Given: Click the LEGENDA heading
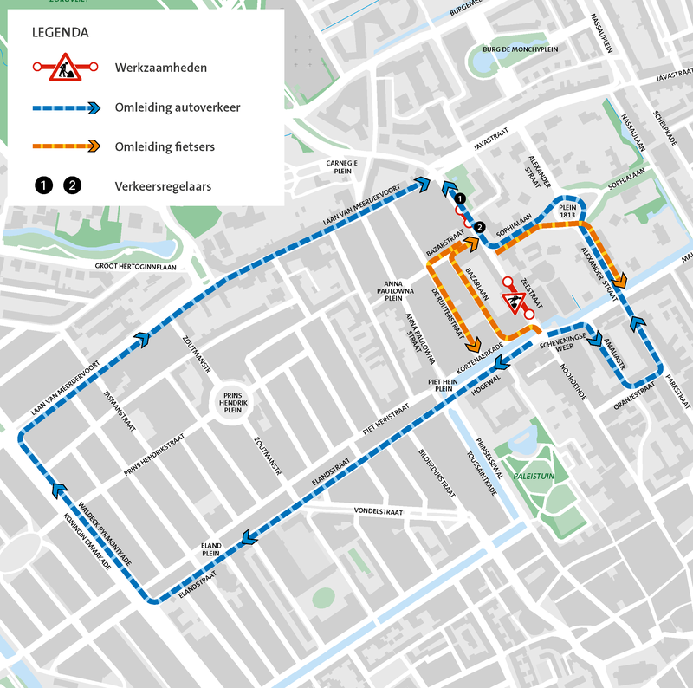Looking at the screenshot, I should tap(60, 34).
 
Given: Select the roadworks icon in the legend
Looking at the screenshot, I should tap(66, 68).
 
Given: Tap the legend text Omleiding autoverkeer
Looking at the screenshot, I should tap(177, 107).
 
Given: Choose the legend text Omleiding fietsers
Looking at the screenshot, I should tap(164, 146).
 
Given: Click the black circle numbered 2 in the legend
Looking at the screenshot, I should tap(73, 185).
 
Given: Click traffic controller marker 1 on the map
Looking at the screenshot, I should tap(461, 198).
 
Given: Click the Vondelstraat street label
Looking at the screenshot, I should tap(379, 513).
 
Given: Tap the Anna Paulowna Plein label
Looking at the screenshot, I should tap(394, 290).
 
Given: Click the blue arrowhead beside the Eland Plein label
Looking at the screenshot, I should tap(248, 538).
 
